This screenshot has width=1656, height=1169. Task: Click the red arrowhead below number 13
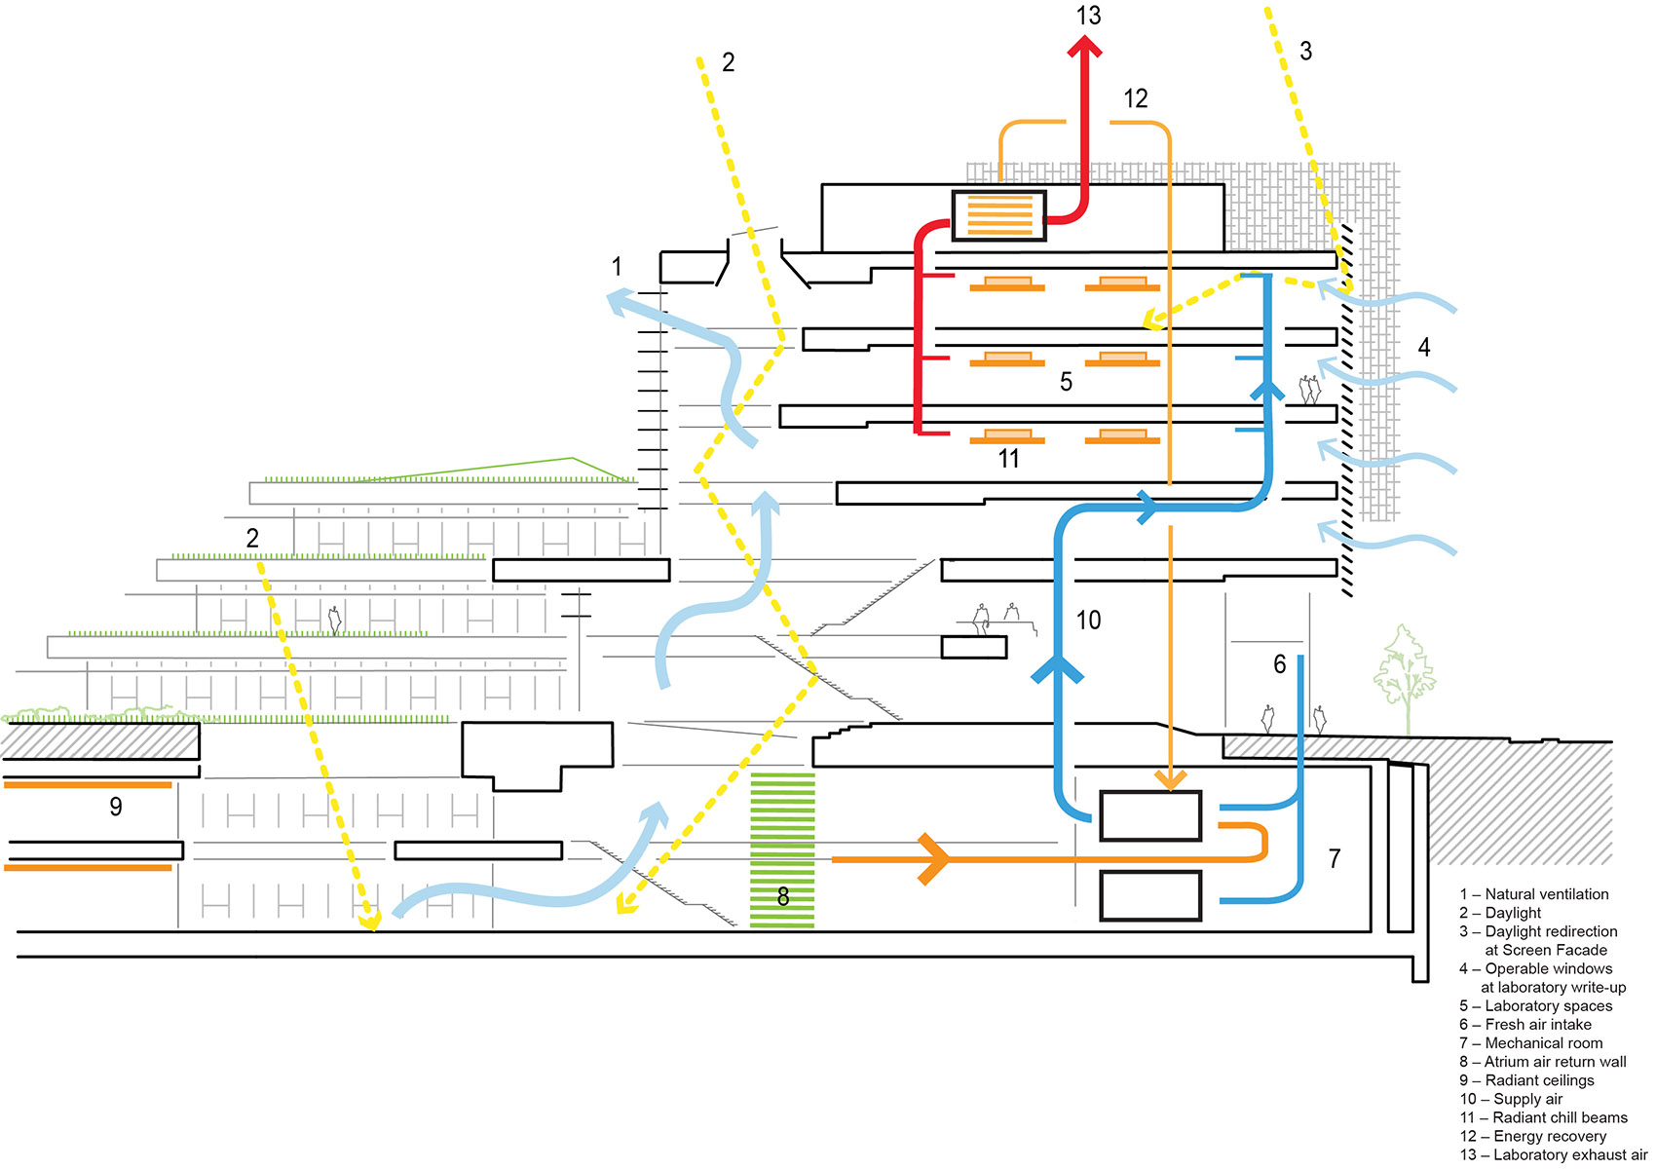point(1084,47)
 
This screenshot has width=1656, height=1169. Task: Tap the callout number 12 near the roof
point(1136,98)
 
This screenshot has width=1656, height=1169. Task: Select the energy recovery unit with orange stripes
point(998,215)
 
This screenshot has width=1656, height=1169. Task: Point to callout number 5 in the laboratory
point(1066,382)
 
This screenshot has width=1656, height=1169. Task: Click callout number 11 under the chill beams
point(1008,459)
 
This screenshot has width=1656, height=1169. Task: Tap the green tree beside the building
point(1404,672)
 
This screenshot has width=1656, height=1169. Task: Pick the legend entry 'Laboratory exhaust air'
point(1556,1154)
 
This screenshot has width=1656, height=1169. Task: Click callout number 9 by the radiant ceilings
point(116,807)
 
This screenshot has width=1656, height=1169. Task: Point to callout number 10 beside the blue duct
point(1088,620)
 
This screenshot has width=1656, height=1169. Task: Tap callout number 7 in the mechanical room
point(1335,858)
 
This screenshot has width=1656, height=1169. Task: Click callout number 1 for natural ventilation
point(616,266)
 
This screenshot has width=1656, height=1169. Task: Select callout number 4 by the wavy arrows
point(1423,347)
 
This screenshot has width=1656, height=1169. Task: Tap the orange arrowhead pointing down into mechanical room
point(1170,779)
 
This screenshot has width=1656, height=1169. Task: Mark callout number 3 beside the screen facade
point(1305,52)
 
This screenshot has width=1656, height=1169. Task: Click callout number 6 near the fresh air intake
point(1279,664)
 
